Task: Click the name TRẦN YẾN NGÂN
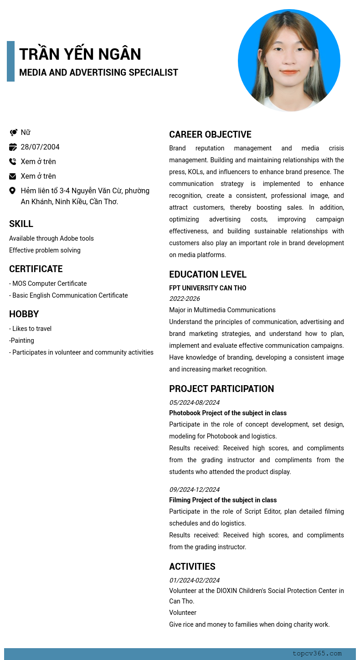[x=80, y=54]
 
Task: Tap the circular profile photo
[x=289, y=60]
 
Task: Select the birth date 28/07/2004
[x=40, y=147]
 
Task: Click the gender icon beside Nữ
[x=13, y=133]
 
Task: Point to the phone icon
[x=13, y=161]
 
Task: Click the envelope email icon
[x=13, y=176]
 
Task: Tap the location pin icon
[x=13, y=191]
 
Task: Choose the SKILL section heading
[x=21, y=224]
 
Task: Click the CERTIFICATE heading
[x=36, y=269]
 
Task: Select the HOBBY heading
[x=24, y=314]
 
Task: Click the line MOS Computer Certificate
[x=48, y=284]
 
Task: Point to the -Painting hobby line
[x=21, y=340]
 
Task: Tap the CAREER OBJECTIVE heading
[x=210, y=134]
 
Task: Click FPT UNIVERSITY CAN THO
[x=208, y=288]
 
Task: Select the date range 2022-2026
[x=185, y=299]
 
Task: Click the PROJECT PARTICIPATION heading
[x=221, y=389]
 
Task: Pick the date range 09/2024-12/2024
[x=195, y=490]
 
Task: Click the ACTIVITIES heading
[x=192, y=567]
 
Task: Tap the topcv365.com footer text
[x=317, y=654]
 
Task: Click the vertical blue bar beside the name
[x=10, y=61]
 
